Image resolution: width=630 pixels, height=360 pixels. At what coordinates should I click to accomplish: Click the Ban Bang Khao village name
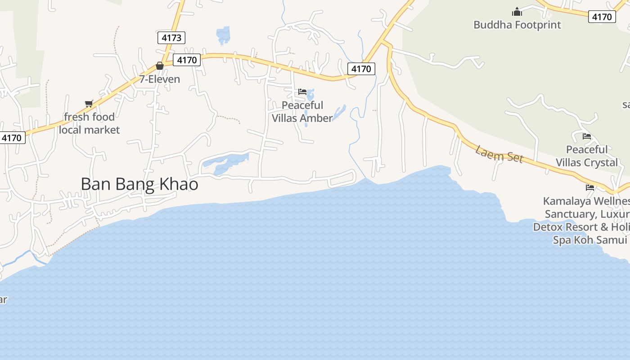click(x=139, y=184)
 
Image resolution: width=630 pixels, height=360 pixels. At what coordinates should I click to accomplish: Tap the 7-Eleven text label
click(x=159, y=80)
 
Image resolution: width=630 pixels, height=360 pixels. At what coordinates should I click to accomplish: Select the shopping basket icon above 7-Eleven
click(x=159, y=66)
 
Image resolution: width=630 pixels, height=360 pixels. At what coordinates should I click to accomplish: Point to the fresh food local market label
click(x=89, y=123)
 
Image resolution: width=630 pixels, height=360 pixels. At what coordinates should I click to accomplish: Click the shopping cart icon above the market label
click(x=89, y=104)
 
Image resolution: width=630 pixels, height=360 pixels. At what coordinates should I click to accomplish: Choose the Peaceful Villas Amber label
click(x=302, y=112)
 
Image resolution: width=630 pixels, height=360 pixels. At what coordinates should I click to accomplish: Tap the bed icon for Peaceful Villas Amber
click(x=302, y=92)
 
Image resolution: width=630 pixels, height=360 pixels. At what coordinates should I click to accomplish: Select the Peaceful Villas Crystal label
click(x=587, y=156)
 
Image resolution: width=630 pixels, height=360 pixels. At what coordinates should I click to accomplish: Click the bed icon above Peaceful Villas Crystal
click(x=587, y=136)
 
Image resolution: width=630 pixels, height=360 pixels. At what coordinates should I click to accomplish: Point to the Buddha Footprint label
click(x=517, y=25)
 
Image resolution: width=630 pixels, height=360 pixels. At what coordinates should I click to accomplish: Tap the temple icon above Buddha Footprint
click(x=517, y=11)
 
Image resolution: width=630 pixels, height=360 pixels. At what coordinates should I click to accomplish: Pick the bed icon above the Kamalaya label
click(x=590, y=188)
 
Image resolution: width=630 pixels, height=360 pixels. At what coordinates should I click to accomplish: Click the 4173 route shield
click(x=171, y=38)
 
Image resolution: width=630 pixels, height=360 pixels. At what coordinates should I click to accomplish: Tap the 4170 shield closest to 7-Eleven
click(x=187, y=60)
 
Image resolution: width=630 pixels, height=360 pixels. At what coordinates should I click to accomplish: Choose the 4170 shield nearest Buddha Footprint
click(x=602, y=17)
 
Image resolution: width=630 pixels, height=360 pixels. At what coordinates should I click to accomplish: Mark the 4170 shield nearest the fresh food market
click(x=11, y=138)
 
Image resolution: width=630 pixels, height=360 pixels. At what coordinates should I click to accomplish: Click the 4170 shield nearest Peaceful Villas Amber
click(x=361, y=69)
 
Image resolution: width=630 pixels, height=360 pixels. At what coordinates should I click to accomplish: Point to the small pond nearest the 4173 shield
click(x=223, y=35)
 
